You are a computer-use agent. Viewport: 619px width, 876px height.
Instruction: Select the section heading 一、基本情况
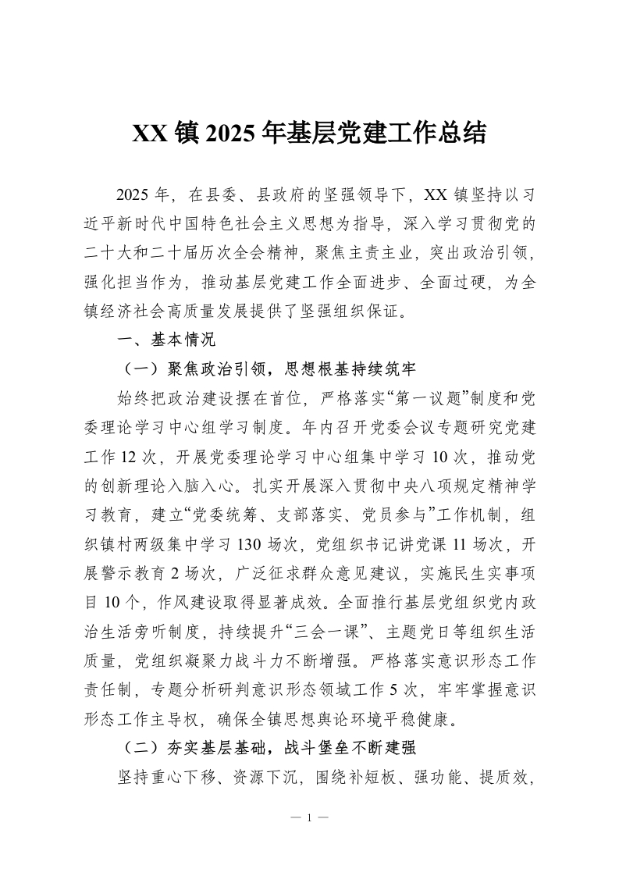[x=159, y=340]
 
